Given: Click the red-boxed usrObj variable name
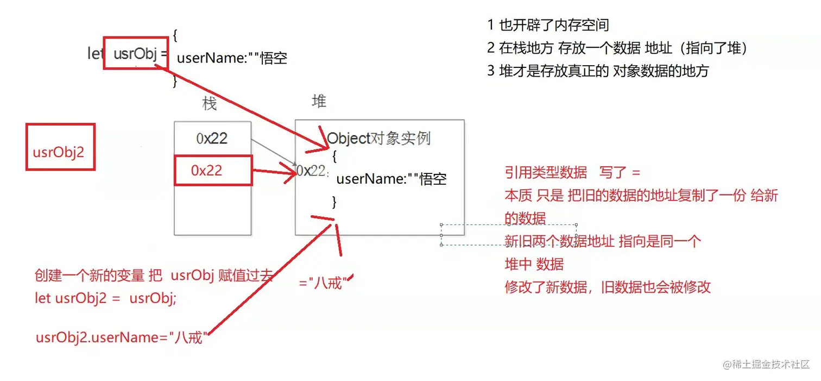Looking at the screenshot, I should tap(135, 53).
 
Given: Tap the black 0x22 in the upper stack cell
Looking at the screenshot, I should tap(212, 139).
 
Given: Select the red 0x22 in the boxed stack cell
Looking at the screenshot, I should tap(207, 170).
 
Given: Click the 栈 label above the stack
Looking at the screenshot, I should tap(210, 103).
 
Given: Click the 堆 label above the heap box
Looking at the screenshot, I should tap(319, 101).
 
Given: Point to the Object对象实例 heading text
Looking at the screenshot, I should tap(378, 138).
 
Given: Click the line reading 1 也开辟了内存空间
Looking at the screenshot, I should tap(548, 24).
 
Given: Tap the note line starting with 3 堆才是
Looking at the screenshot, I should tap(598, 71).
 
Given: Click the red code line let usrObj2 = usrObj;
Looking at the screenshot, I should tap(105, 299).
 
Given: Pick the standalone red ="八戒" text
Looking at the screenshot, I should tap(324, 283).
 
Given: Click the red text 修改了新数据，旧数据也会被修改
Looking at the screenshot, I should tap(608, 287).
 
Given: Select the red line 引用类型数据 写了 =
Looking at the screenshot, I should tap(573, 173).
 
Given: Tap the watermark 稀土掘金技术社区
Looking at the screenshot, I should tap(771, 364).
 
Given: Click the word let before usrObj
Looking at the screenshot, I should tap(96, 53).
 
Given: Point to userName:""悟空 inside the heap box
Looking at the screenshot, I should tap(391, 179).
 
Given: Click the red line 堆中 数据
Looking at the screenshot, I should tap(534, 264).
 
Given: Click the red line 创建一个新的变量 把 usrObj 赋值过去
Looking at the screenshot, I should tap(153, 276).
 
